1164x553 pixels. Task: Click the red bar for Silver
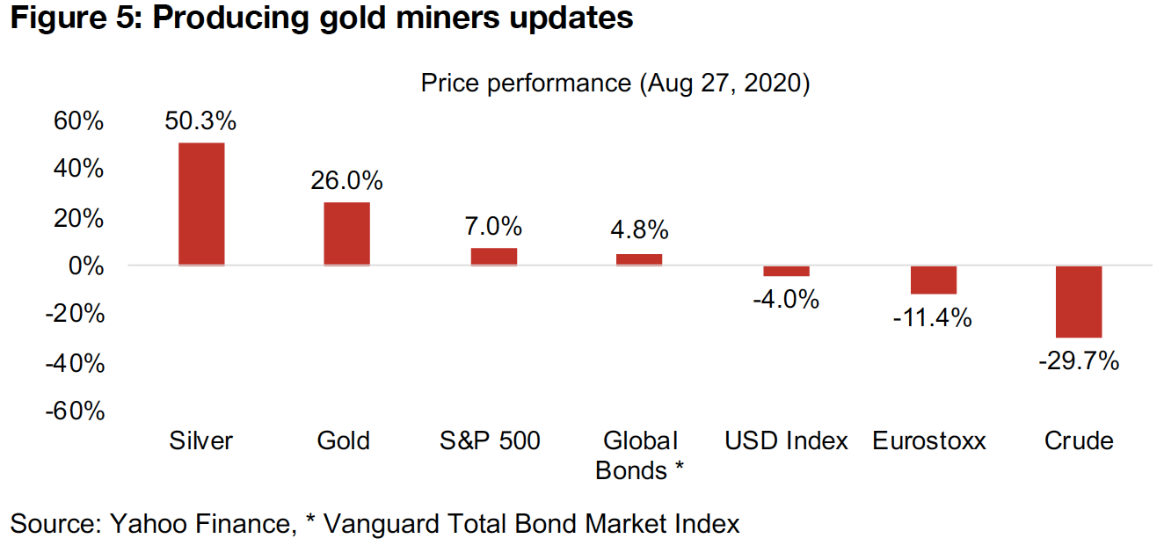tap(201, 204)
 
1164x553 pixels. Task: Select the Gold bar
tap(346, 234)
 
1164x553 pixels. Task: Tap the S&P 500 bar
tap(493, 257)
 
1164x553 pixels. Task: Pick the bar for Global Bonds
tap(639, 259)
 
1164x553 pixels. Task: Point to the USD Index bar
tap(786, 271)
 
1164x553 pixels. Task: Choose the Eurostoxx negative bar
tap(933, 280)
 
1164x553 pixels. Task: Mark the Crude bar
tap(1079, 302)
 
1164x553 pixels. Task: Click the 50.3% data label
tap(200, 120)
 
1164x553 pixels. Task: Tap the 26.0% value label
tap(346, 181)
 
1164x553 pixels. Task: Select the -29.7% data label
tap(1079, 360)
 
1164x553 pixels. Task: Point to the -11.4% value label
tap(933, 317)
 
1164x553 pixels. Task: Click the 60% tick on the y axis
tap(78, 120)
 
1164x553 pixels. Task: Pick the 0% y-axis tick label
tap(86, 266)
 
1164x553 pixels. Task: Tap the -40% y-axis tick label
tap(75, 362)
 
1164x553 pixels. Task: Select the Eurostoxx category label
tap(929, 440)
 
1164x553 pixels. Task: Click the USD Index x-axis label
tap(786, 440)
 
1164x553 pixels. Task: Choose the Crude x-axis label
tap(1079, 440)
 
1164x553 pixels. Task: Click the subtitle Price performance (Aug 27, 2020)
tap(615, 84)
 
